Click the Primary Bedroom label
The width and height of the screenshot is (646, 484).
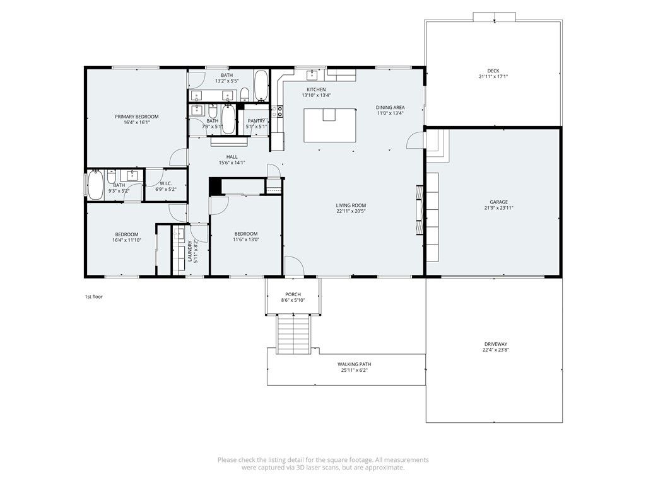tap(136, 117)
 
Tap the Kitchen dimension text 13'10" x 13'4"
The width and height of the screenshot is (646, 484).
tap(316, 96)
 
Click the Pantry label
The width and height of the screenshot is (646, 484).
tap(256, 120)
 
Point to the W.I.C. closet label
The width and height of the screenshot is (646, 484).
tap(166, 183)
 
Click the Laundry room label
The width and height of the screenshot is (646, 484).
tap(190, 251)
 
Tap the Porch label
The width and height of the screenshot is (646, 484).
tap(293, 294)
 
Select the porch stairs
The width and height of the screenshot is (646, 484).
tap(294, 335)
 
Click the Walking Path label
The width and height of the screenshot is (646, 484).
tap(354, 364)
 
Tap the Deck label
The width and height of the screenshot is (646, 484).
tap(493, 71)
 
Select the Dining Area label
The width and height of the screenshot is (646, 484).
tap(390, 107)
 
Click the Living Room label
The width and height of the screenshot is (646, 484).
tap(351, 205)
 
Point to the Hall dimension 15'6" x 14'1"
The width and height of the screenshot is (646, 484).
tap(232, 163)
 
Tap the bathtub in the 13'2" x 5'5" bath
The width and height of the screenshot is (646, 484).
tap(261, 86)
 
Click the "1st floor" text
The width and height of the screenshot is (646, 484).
tap(93, 296)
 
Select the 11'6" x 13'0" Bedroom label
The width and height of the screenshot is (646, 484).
tap(245, 233)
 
